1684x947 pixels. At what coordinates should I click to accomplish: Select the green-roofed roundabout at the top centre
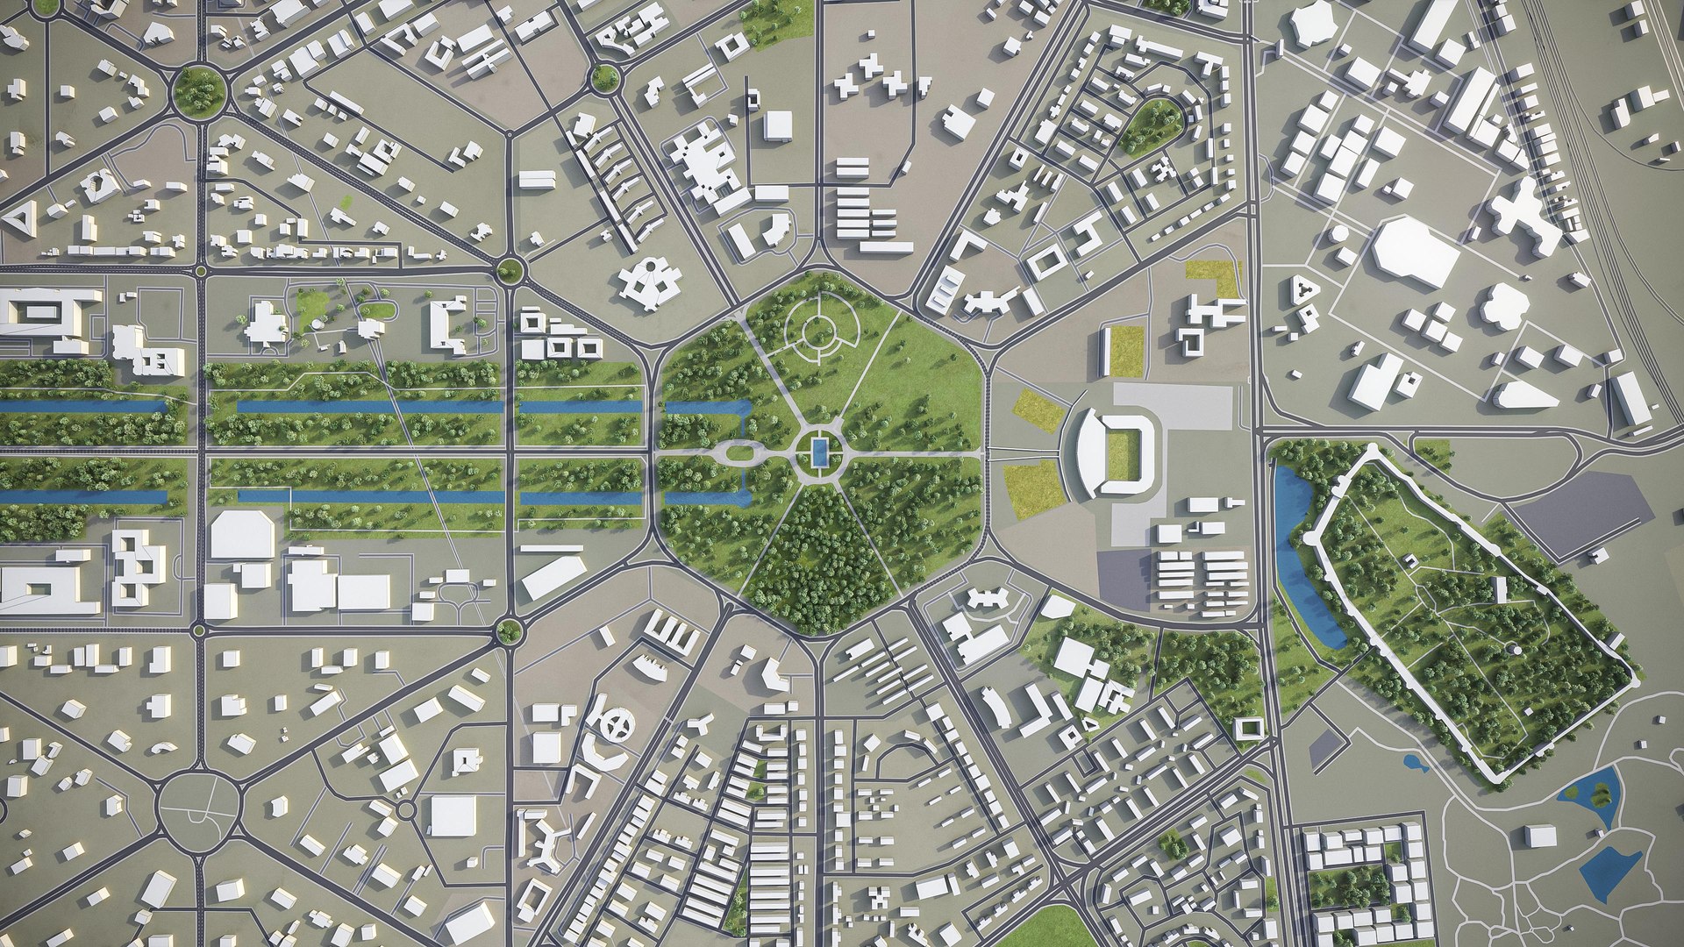pos(604,78)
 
